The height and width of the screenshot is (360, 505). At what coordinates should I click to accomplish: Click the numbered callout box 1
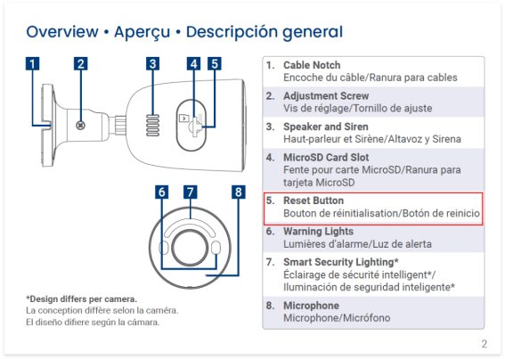click(32, 63)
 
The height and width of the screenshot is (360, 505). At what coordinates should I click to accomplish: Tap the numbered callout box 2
click(80, 63)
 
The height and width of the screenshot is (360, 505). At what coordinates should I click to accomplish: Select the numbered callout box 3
click(152, 63)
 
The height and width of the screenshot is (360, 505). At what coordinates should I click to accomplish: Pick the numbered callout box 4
click(193, 63)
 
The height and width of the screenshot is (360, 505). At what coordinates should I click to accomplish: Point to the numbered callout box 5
click(215, 63)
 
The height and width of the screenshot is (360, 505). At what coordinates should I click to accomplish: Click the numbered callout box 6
click(162, 192)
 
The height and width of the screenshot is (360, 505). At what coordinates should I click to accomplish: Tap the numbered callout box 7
click(191, 192)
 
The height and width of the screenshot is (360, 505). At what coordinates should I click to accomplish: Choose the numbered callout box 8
click(239, 192)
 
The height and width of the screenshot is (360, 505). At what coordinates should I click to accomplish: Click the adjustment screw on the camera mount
click(80, 125)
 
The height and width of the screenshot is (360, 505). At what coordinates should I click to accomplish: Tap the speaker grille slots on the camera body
click(152, 125)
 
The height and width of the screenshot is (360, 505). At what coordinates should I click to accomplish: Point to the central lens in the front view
click(190, 248)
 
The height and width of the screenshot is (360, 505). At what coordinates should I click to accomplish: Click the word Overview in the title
click(62, 31)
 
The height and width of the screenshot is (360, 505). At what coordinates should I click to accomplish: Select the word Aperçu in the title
click(142, 32)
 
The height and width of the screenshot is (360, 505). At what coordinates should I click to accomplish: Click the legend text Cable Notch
click(312, 65)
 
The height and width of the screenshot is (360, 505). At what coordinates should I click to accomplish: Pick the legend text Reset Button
click(314, 200)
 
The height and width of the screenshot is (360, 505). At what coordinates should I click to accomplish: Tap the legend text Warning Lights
click(318, 232)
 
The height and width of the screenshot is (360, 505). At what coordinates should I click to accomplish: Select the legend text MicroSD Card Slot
click(326, 158)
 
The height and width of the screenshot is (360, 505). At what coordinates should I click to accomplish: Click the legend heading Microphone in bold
click(311, 306)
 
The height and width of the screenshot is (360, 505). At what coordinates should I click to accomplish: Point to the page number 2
click(484, 344)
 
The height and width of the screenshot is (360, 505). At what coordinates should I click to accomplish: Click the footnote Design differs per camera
click(81, 299)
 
